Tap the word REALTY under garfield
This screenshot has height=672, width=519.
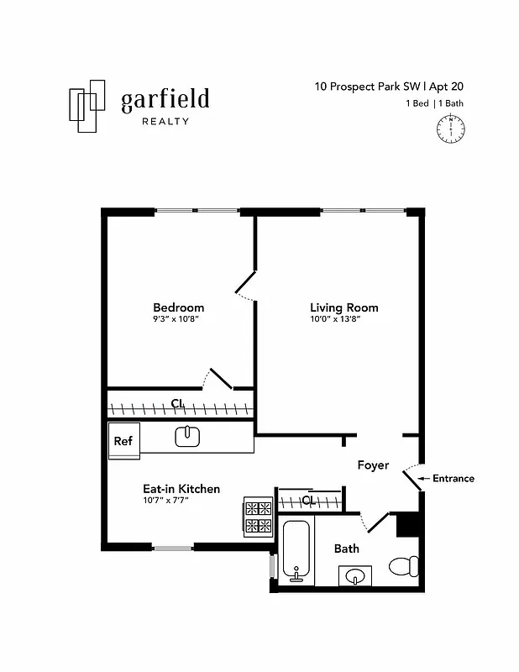(x=165, y=121)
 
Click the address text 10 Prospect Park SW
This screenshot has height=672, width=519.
(x=368, y=86)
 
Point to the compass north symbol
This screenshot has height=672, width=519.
(x=452, y=129)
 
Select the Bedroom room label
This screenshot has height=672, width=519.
(x=178, y=307)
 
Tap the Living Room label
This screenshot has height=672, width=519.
(x=343, y=307)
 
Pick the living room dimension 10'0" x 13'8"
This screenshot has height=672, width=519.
(x=336, y=319)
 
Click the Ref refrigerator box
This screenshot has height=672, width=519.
(x=123, y=440)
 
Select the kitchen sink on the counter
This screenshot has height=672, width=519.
(x=186, y=436)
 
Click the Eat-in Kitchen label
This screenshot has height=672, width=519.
(x=181, y=489)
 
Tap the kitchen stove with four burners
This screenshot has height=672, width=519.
(x=259, y=517)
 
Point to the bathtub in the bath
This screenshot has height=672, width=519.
(x=296, y=551)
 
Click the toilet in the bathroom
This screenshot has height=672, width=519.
(x=405, y=566)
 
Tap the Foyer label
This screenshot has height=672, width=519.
(x=373, y=465)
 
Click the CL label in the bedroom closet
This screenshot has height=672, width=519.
(x=177, y=404)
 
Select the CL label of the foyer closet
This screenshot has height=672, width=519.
(x=307, y=501)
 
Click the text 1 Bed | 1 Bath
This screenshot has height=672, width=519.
(x=436, y=104)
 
